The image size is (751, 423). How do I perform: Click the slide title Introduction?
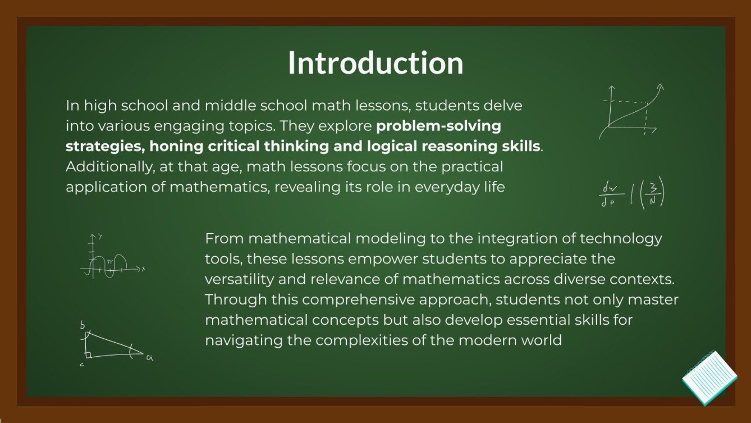(375, 63)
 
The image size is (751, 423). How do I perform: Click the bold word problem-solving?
(438, 125)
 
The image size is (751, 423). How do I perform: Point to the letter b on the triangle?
(83, 325)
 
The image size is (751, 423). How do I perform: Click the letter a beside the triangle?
(149, 357)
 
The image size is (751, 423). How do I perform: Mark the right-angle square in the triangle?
(89, 354)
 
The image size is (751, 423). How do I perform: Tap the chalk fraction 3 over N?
(652, 193)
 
